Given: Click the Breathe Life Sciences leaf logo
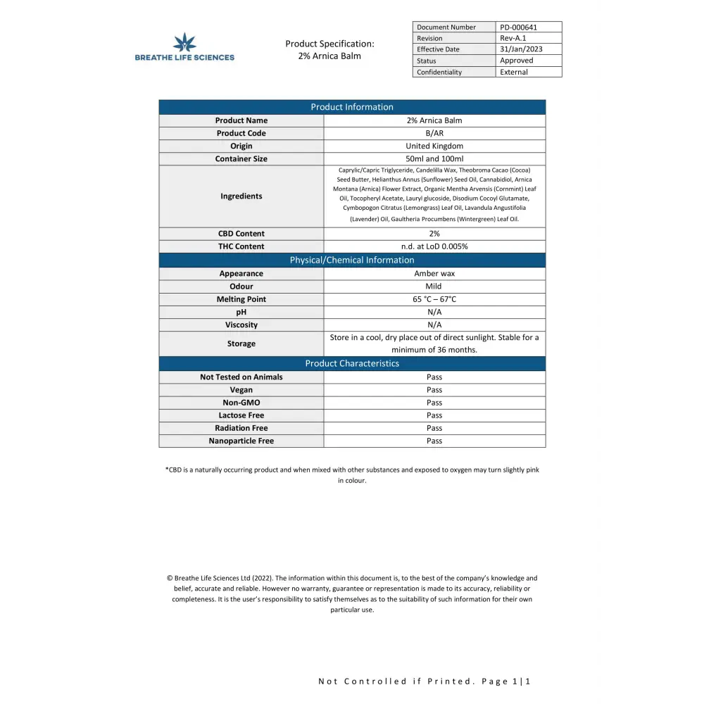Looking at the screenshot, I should (x=184, y=42).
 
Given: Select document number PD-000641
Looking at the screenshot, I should (x=518, y=27).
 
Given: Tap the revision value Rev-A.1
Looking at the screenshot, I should (x=514, y=38).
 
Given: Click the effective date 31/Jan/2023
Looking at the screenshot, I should (x=521, y=49).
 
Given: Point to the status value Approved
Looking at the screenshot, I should (x=517, y=61).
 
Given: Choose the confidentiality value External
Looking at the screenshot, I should (x=514, y=72).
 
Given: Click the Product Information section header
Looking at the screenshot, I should (x=352, y=107).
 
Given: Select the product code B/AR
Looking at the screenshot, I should (x=434, y=133).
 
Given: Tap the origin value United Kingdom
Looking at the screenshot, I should (x=434, y=146).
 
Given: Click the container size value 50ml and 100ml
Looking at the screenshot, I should (x=434, y=158).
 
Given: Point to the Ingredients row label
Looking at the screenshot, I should (x=241, y=196).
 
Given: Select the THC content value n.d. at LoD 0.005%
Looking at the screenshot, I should (x=434, y=246).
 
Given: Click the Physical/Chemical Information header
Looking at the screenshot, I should (x=352, y=260).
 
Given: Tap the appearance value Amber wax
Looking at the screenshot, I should (x=434, y=273).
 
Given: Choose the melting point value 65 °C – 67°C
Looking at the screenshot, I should (x=434, y=299).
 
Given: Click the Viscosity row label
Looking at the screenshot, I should (x=241, y=325).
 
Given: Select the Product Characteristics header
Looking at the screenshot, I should (x=352, y=363).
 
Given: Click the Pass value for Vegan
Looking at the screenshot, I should (x=434, y=389).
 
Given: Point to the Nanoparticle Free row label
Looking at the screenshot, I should (x=241, y=441).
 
